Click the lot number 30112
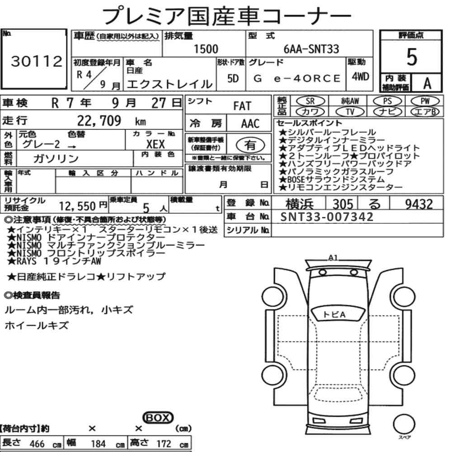tap(36, 62)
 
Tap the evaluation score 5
tap(411, 57)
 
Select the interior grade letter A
tap(426, 83)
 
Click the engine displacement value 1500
tap(206, 49)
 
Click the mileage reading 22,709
tap(99, 121)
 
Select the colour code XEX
tap(155, 144)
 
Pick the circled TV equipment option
tap(350, 111)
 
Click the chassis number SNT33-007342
tap(327, 217)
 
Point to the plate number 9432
tap(419, 205)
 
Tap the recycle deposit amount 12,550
tap(79, 207)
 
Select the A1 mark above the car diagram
tap(333, 258)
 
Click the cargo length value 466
tap(37, 444)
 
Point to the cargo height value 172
tap(164, 444)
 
